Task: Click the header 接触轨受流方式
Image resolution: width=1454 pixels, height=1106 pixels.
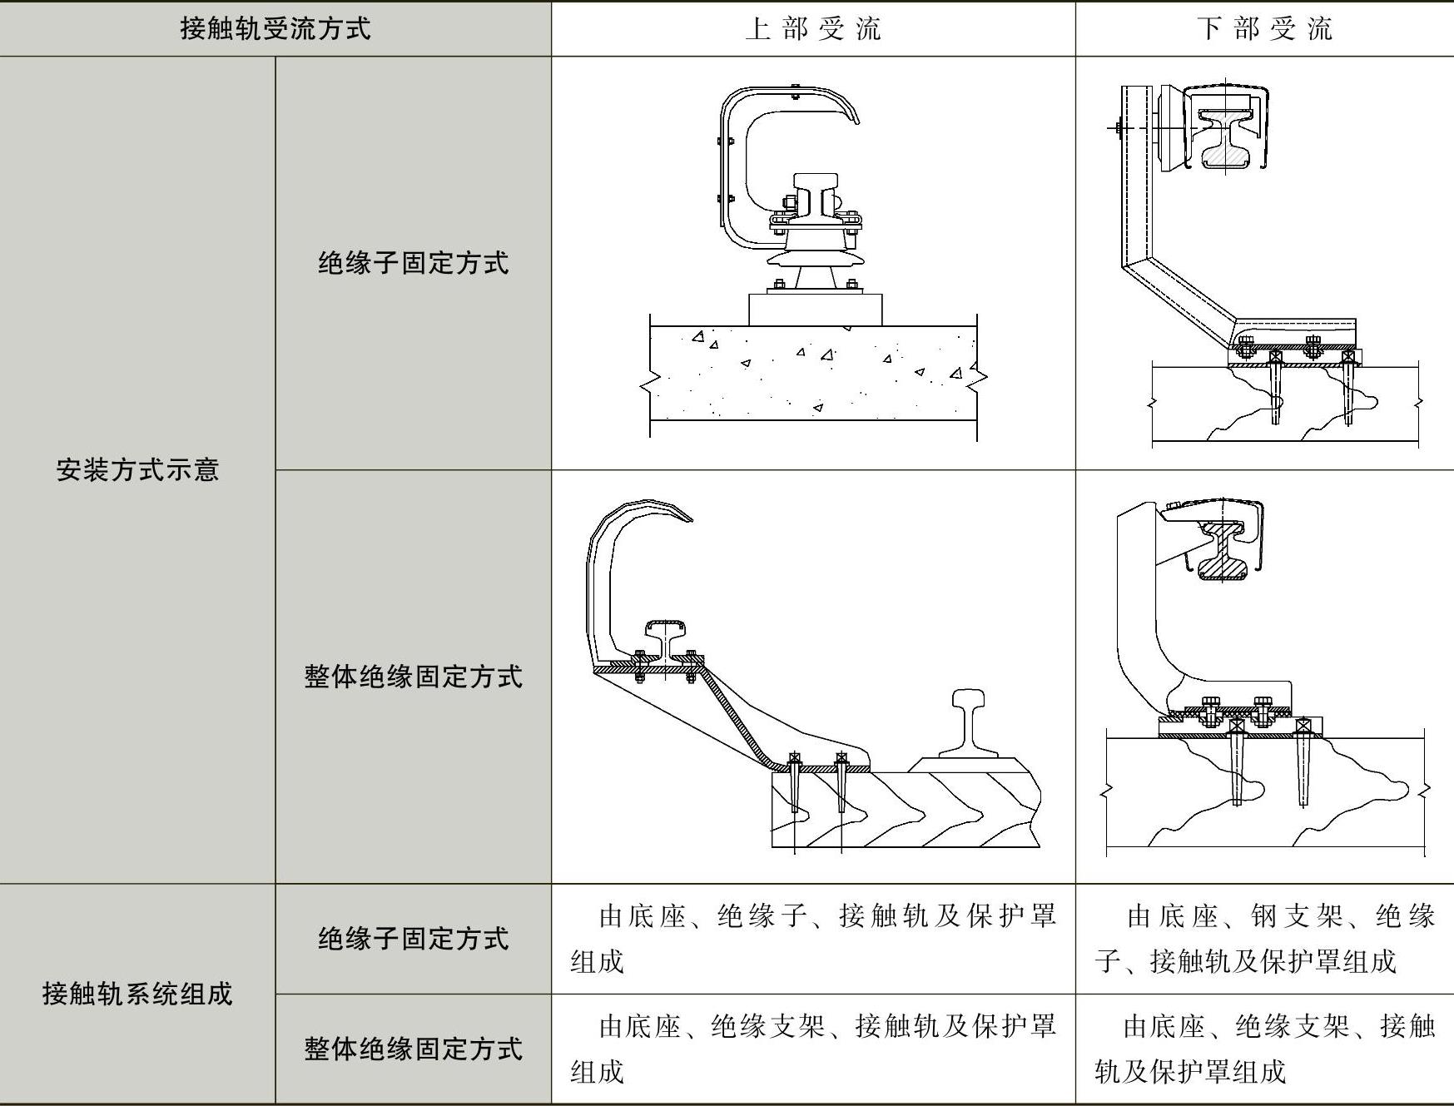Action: tap(275, 29)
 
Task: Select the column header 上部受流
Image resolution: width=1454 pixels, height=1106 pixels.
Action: tap(812, 29)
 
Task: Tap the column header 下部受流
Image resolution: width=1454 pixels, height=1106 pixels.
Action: tap(1264, 29)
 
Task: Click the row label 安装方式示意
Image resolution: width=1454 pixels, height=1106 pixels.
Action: tap(137, 470)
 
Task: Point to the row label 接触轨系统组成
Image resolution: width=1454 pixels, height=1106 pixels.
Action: tap(137, 993)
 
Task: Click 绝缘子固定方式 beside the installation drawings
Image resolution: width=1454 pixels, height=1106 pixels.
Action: tap(413, 263)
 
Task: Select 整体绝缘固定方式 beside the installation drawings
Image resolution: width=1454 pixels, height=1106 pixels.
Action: tap(413, 676)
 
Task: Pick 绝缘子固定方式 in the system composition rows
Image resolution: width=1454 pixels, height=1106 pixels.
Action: tap(413, 938)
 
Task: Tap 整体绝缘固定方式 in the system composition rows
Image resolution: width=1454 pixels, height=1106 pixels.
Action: tap(413, 1048)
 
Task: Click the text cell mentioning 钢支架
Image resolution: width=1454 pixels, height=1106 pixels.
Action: tap(1264, 939)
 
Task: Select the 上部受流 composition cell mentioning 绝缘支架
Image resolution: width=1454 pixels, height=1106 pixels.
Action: tap(812, 1048)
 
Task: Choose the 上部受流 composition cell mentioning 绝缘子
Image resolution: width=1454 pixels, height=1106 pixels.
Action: tap(812, 939)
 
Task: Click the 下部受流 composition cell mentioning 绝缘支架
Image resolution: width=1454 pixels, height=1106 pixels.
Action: tap(1264, 1048)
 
